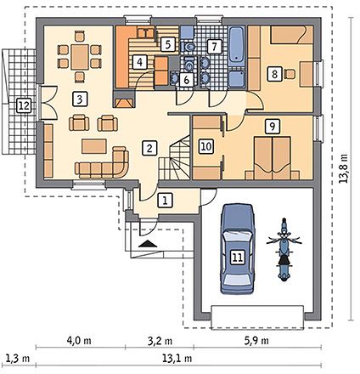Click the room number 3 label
click(80, 99)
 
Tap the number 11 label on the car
click(238, 258)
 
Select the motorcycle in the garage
click(284, 249)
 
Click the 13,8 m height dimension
click(344, 169)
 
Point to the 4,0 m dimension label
click(79, 340)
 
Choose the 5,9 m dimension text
click(256, 340)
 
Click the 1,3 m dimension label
click(18, 359)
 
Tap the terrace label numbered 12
click(24, 106)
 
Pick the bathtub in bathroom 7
click(237, 47)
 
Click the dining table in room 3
click(80, 57)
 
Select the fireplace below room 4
click(124, 99)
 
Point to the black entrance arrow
click(148, 244)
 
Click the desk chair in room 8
click(290, 74)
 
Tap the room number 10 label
click(206, 146)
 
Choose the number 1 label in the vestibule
click(165, 201)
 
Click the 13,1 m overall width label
click(177, 359)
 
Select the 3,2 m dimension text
click(160, 340)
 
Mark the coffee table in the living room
click(94, 146)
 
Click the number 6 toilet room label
click(187, 80)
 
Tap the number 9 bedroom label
click(273, 126)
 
